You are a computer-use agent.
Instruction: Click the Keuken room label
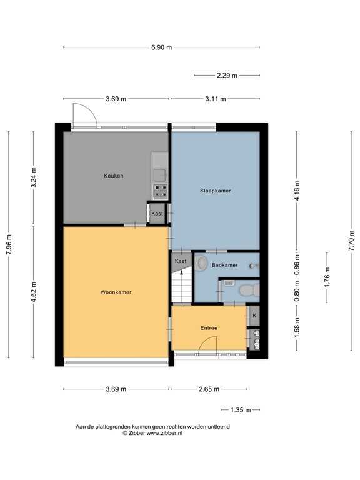113,176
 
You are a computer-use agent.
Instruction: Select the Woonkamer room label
116,292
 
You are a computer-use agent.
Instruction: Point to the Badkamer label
224,266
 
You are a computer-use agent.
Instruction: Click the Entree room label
209,328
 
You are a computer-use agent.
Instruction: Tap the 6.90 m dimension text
161,47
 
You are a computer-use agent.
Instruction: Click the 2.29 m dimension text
227,76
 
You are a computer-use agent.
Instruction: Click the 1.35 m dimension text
241,410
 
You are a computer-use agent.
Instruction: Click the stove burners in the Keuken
159,189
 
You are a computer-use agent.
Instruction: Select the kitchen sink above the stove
159,175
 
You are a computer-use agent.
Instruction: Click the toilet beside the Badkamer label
201,264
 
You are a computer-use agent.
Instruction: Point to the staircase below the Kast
181,287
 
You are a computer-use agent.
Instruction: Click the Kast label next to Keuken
157,214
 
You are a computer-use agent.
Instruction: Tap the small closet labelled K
254,316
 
